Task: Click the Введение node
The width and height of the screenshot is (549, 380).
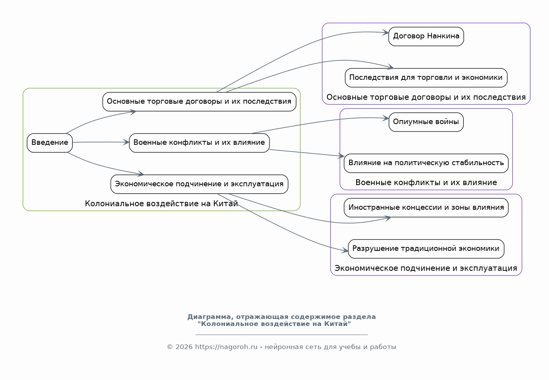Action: [x=50, y=143]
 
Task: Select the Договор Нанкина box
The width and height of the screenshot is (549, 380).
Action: [x=426, y=36]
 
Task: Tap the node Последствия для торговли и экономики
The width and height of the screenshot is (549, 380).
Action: [x=426, y=78]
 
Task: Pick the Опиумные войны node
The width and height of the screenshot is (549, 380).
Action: [x=426, y=122]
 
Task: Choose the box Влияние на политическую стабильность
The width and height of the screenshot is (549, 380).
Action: [x=426, y=163]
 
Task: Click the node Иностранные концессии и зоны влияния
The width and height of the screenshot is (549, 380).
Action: [x=426, y=208]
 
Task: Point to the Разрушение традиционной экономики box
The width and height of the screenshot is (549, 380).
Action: [x=426, y=249]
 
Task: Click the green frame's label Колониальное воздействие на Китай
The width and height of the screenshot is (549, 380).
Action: [x=161, y=204]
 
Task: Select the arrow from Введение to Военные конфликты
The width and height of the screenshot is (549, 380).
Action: [x=101, y=142]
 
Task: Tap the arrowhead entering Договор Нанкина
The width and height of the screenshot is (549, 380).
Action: [x=386, y=32]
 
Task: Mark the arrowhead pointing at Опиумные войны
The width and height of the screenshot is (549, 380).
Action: [x=386, y=118]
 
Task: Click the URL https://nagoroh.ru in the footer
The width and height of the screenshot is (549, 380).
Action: [x=226, y=347]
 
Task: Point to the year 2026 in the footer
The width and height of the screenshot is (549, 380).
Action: [x=184, y=347]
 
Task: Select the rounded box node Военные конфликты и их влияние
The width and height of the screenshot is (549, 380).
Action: [x=199, y=143]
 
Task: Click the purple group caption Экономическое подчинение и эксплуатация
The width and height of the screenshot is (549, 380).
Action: [x=426, y=268]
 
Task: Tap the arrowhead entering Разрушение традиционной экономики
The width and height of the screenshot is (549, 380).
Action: [x=345, y=250]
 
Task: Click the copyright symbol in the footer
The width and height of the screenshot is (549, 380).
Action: [x=170, y=347]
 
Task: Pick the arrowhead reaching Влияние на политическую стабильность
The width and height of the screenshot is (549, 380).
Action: [x=341, y=156]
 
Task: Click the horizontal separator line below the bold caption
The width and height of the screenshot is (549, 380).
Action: [x=282, y=335]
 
